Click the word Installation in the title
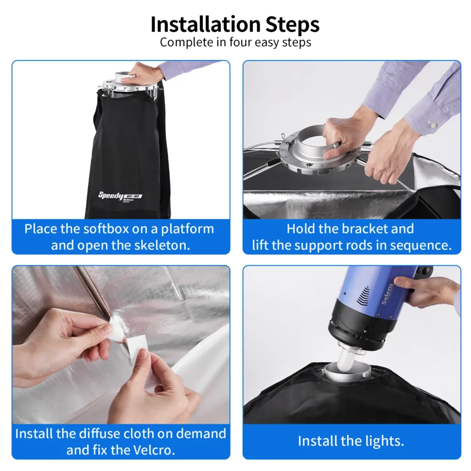click(x=205, y=24)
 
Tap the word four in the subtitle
click(x=240, y=42)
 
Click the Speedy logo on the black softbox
click(x=111, y=195)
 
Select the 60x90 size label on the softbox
click(x=133, y=196)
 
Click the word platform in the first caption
click(x=187, y=229)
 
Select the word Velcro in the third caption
click(x=154, y=450)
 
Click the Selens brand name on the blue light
click(x=387, y=294)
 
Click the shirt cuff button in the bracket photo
click(x=433, y=124)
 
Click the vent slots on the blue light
click(x=363, y=295)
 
